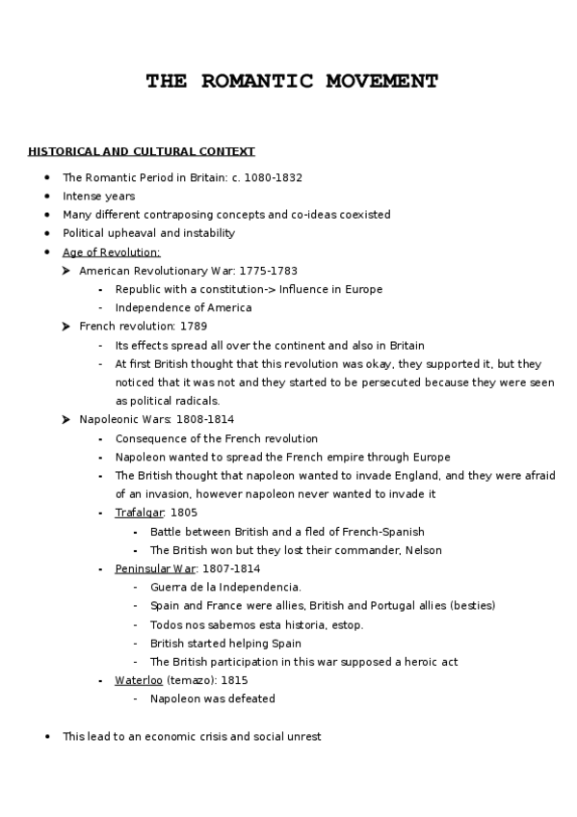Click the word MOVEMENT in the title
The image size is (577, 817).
click(x=372, y=81)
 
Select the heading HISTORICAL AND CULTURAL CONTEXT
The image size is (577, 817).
click(x=142, y=151)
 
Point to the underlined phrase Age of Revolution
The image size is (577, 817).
click(x=111, y=252)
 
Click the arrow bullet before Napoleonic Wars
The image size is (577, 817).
click(x=66, y=420)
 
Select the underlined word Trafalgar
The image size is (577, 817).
click(x=140, y=513)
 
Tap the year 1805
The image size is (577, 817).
click(x=183, y=513)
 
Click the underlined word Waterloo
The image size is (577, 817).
click(x=139, y=680)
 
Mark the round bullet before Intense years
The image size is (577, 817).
click(x=47, y=197)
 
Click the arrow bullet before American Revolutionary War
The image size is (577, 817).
click(x=66, y=271)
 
